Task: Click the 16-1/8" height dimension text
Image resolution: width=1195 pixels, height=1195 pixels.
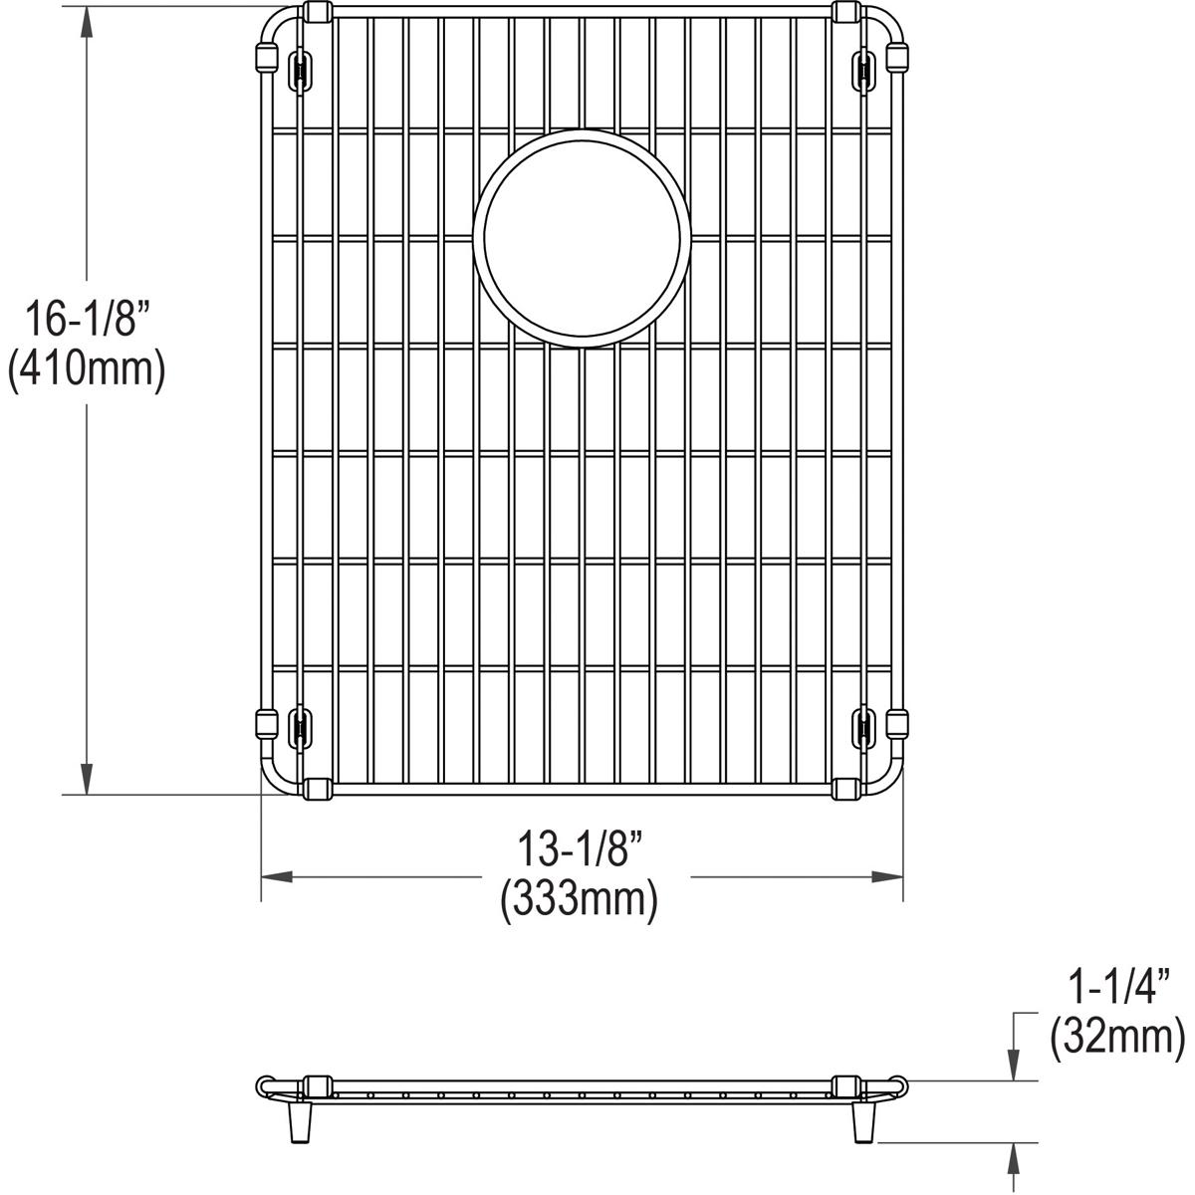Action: (88, 318)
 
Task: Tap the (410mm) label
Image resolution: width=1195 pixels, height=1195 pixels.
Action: (87, 370)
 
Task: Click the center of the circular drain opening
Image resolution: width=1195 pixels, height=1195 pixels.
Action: (582, 239)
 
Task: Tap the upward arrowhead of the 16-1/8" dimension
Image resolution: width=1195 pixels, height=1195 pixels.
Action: (87, 22)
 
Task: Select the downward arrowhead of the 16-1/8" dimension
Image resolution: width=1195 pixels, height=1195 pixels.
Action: (87, 779)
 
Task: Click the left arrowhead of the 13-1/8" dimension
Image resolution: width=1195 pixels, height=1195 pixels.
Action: (277, 877)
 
